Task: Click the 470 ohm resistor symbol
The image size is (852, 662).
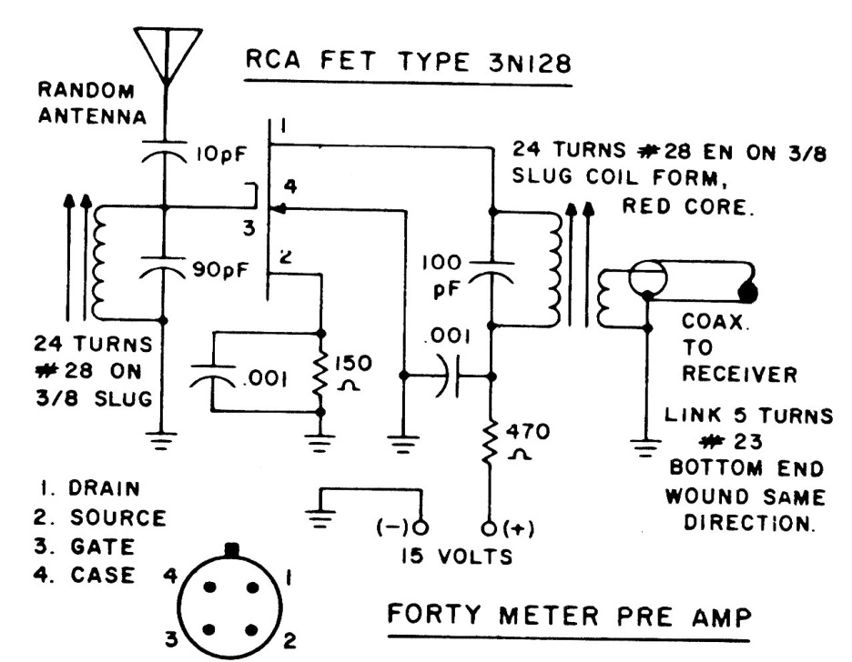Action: (492, 443)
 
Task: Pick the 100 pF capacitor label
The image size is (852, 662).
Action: (444, 275)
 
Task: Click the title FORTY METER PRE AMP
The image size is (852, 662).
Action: (570, 617)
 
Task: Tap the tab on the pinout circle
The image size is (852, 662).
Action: (233, 549)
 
